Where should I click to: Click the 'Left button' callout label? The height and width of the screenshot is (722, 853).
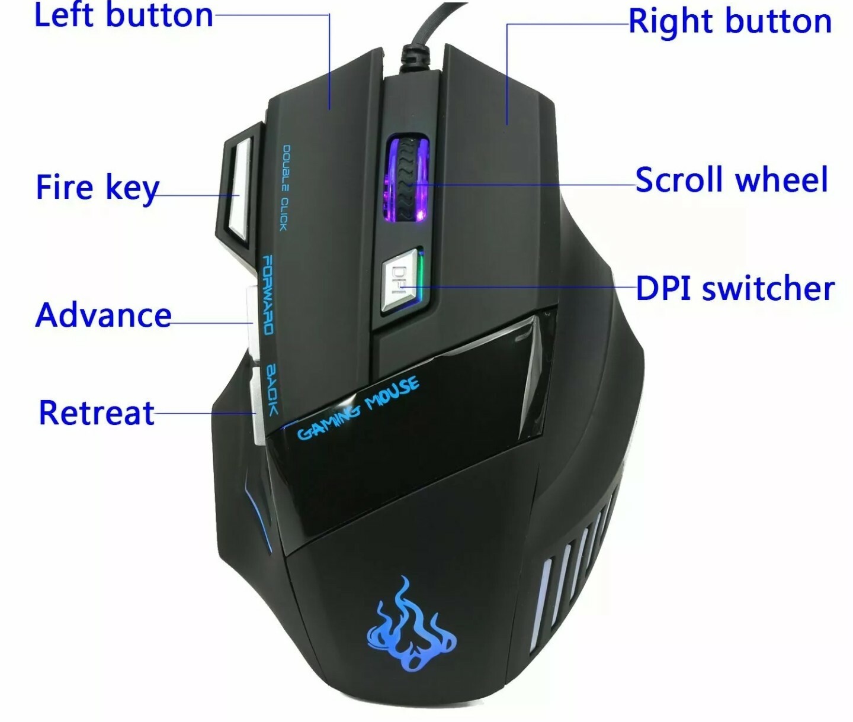[123, 15]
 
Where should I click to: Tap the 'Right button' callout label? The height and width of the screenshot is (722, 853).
[730, 21]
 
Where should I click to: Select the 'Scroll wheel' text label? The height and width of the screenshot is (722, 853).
[731, 179]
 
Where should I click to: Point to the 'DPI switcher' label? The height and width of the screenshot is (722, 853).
[735, 289]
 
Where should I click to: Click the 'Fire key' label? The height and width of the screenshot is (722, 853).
[97, 188]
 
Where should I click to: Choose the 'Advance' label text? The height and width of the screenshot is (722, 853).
[103, 315]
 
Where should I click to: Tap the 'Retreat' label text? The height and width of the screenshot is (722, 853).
[97, 412]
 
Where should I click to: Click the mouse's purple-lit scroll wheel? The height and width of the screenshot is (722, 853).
[408, 178]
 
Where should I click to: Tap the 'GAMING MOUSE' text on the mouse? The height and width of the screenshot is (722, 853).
[358, 408]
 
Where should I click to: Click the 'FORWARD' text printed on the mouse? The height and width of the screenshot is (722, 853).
[267, 295]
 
